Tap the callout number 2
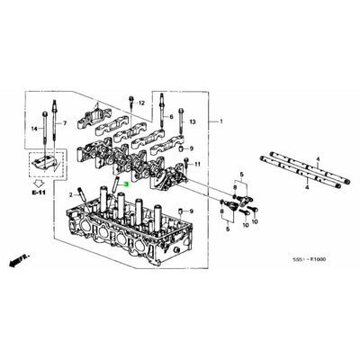[x=68, y=193]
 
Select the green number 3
[x=126, y=184]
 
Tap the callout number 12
[x=142, y=103]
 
